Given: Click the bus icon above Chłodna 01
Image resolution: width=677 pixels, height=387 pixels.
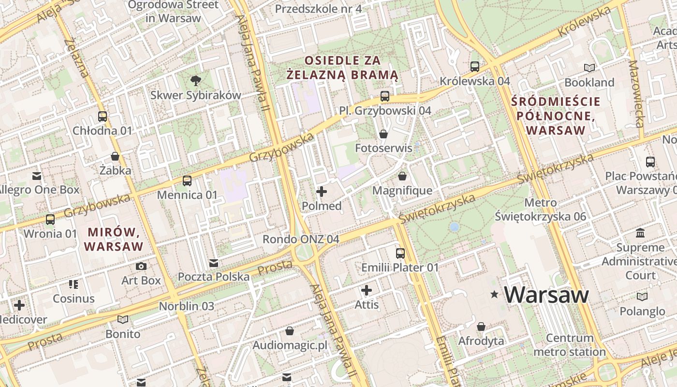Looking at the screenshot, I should click(103, 117).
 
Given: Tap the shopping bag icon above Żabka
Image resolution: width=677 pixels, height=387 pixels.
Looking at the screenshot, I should click(115, 156).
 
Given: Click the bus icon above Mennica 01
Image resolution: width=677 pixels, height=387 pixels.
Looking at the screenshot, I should click(187, 181).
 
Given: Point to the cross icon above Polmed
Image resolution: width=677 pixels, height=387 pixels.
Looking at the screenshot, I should click(321, 192).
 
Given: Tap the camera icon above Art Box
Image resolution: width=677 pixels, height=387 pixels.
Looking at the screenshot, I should click(141, 266).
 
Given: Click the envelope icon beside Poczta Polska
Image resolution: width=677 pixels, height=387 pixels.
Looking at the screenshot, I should click(214, 263).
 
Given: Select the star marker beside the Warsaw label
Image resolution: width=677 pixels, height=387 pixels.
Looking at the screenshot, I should click(494, 294).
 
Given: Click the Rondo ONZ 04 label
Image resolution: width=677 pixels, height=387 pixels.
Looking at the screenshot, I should click(301, 239).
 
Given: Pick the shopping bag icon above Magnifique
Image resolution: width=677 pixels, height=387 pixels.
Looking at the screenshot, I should click(402, 176).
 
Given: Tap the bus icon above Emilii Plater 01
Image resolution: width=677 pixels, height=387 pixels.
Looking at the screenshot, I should click(400, 253).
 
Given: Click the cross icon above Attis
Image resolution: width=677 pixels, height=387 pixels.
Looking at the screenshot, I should click(367, 290).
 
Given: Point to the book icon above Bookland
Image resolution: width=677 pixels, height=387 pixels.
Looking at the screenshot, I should click(589, 68).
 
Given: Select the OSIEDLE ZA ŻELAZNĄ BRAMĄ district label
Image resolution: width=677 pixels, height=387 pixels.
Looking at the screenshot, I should click(342, 68).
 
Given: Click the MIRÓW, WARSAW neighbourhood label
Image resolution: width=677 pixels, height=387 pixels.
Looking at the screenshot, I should click(114, 239).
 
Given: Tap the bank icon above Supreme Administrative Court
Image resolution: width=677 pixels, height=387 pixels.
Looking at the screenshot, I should click(641, 233).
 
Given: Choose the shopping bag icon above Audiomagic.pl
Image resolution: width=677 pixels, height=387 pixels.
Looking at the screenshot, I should click(289, 331).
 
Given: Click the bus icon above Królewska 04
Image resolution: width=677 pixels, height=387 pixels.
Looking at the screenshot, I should click(475, 66).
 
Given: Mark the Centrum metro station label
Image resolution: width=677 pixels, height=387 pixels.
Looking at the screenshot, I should click(570, 344).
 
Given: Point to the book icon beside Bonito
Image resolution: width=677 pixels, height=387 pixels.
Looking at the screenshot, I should click(123, 319).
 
